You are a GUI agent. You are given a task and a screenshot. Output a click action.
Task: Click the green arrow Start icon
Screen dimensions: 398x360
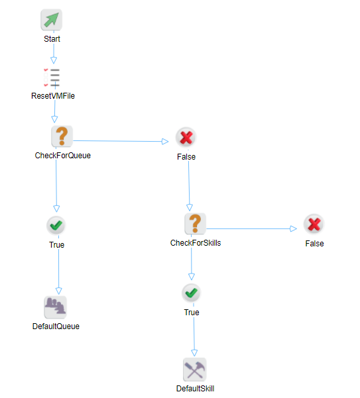point(52,21)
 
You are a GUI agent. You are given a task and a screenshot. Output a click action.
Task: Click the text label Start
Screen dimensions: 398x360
point(52,39)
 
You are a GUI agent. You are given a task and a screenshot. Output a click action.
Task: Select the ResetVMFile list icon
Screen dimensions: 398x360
point(52,77)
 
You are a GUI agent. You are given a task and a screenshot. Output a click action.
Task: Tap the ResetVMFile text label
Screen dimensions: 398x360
point(53,96)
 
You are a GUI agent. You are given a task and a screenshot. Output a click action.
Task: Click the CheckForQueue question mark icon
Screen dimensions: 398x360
point(62,136)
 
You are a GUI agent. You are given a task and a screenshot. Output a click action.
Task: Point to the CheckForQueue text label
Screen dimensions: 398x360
point(63,156)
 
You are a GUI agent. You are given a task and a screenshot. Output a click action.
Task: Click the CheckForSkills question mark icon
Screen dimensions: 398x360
point(195,224)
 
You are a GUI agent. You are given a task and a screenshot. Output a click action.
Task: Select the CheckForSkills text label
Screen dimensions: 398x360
point(196,243)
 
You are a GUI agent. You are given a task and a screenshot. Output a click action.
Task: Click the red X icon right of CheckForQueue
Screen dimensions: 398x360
point(186,138)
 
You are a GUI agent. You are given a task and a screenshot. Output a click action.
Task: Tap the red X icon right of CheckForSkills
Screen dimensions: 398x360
point(314,224)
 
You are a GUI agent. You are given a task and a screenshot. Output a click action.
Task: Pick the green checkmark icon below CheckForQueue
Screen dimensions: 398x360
point(56,226)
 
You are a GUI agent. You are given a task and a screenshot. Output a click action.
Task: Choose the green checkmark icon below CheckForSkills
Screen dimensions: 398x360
point(191,293)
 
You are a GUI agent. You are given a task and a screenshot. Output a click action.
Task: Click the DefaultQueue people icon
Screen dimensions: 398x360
point(56,307)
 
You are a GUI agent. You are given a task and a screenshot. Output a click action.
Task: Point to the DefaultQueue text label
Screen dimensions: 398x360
point(56,326)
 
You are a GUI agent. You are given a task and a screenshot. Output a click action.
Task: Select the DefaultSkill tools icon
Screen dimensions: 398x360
point(195,369)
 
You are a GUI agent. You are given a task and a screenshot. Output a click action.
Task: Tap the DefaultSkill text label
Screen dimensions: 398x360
point(195,389)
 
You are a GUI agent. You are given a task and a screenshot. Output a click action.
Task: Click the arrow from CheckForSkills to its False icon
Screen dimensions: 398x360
point(252,228)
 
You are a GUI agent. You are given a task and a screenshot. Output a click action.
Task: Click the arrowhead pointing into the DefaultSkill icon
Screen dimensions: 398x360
point(195,352)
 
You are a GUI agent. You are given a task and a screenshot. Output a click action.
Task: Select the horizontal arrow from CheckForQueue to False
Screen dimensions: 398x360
point(119,141)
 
